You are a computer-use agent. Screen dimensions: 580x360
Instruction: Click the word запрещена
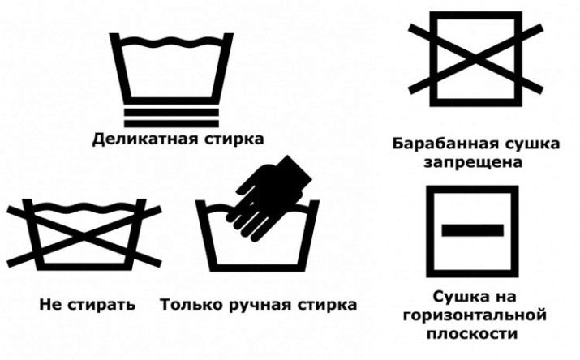[x=473, y=163]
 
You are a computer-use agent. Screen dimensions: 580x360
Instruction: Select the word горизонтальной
[x=475, y=316]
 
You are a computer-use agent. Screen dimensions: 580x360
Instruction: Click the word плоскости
[x=472, y=334]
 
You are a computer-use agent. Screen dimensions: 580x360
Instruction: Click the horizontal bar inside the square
[x=472, y=230]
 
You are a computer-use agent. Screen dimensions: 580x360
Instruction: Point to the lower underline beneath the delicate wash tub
[x=171, y=124]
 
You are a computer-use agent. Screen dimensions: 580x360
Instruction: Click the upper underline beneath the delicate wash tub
[x=171, y=113]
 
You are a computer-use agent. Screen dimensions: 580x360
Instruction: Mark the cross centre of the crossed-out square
[x=475, y=58]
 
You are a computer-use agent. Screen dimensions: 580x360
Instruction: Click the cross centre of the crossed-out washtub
[x=84, y=236]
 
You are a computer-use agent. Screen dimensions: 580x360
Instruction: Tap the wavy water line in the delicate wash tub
[x=172, y=41]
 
